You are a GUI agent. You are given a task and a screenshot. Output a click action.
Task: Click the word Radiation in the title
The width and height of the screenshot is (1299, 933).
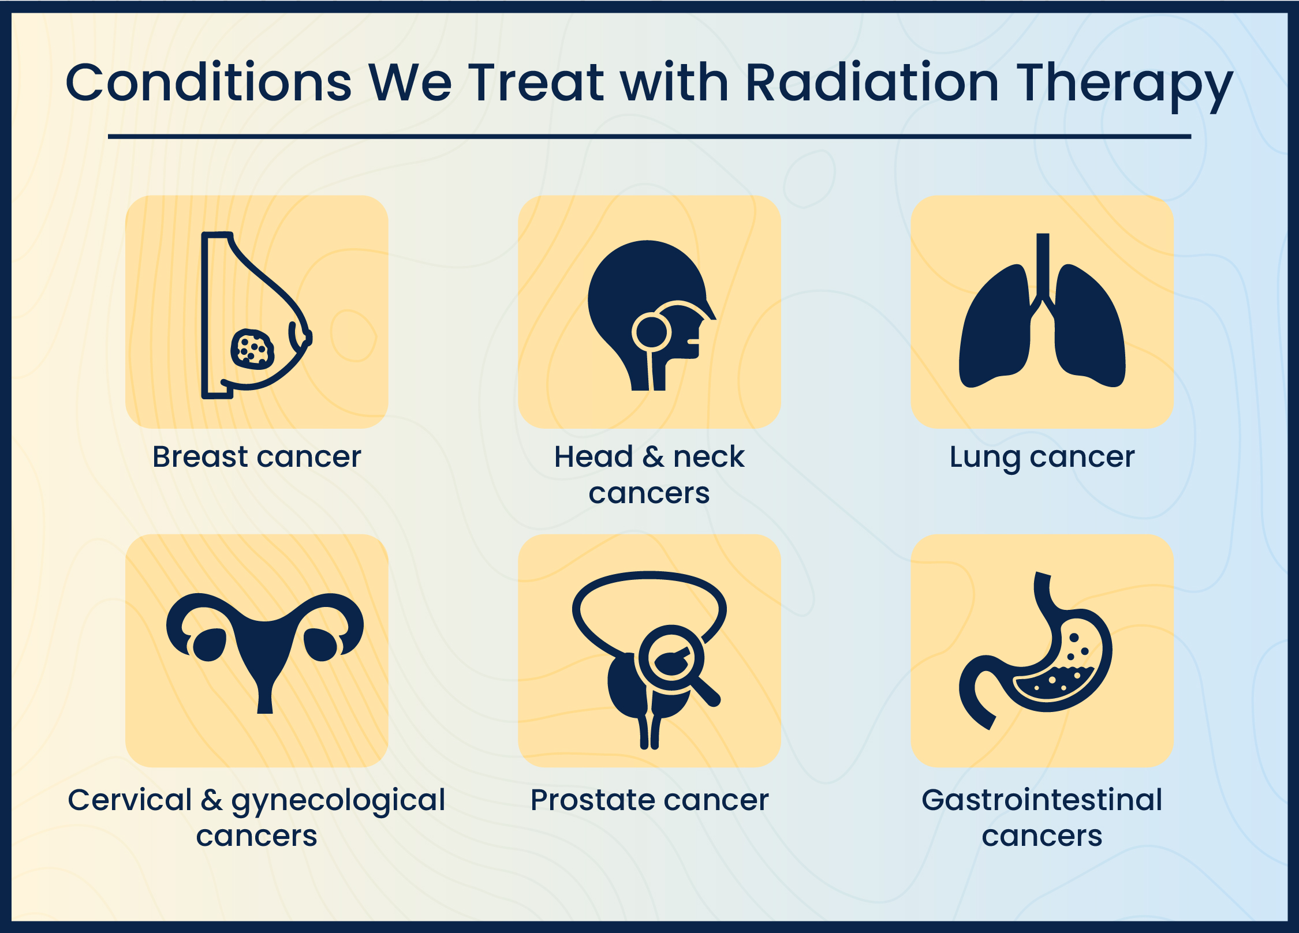(x=872, y=83)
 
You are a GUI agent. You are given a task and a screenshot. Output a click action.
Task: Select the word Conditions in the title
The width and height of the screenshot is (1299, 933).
(x=208, y=83)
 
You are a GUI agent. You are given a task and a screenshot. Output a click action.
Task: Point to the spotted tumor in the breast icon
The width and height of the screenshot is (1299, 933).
(x=252, y=350)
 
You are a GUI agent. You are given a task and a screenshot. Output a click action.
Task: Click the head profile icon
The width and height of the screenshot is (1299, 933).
(x=649, y=315)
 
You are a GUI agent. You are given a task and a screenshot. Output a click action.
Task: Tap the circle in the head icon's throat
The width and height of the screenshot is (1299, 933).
(x=651, y=332)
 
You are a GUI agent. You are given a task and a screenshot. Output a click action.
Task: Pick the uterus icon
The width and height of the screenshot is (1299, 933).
(x=264, y=646)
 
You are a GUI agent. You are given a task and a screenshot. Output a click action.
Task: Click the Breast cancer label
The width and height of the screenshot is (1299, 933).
(x=256, y=457)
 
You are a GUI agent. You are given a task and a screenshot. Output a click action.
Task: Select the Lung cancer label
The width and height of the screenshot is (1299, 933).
(x=1042, y=458)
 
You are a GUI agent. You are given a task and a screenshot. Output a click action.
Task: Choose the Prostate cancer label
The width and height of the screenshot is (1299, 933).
(x=649, y=800)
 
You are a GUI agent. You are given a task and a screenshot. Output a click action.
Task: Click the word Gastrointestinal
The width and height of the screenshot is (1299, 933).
(x=1042, y=800)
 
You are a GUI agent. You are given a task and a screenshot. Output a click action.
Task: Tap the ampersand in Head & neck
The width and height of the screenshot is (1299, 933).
(x=654, y=457)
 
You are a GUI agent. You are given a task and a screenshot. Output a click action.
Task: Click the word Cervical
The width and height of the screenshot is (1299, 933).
(x=130, y=800)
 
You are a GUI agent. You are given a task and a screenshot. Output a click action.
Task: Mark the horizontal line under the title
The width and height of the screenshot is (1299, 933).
(x=649, y=137)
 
